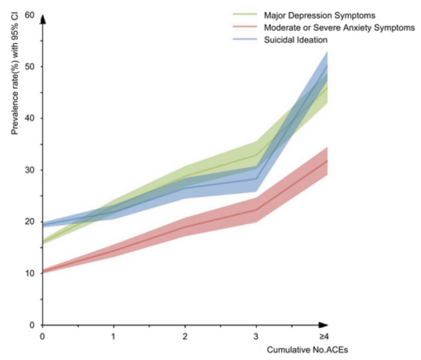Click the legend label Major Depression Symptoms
pos(319,15)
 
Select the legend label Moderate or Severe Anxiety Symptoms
pos(339,28)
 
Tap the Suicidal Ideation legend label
pos(296,40)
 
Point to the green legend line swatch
pos(245,15)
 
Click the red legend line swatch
pos(245,27)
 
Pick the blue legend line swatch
pos(245,39)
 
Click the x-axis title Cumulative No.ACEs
pos(307,350)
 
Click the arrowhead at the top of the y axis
pos(42,19)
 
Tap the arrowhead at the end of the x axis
pos(323,325)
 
